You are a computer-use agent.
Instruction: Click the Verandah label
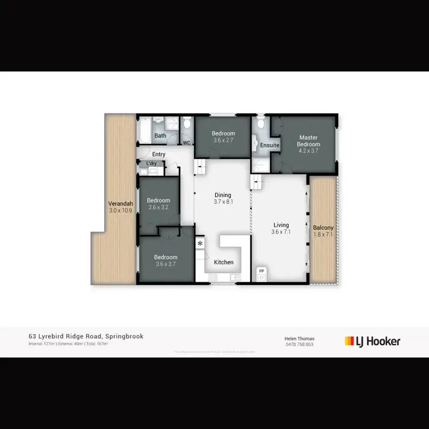coord(121,204)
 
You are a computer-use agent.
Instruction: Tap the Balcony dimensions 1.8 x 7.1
coord(323,235)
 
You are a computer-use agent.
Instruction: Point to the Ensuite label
coord(270,145)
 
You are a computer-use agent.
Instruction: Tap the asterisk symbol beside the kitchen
coord(200,244)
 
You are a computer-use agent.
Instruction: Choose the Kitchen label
coord(224,262)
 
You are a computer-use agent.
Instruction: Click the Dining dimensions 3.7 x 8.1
coord(223,201)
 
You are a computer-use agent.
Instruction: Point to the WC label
coord(186,143)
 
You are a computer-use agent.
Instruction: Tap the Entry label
coord(158,154)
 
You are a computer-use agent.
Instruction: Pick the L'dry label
coord(152,164)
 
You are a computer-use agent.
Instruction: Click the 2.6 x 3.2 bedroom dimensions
coord(158,207)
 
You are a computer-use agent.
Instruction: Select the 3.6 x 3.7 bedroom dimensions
coord(166,264)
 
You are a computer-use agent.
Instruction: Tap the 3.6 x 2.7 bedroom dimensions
coord(223,140)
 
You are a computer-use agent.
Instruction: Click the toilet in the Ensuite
coord(261,123)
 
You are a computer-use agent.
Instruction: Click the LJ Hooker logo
coord(372,341)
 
